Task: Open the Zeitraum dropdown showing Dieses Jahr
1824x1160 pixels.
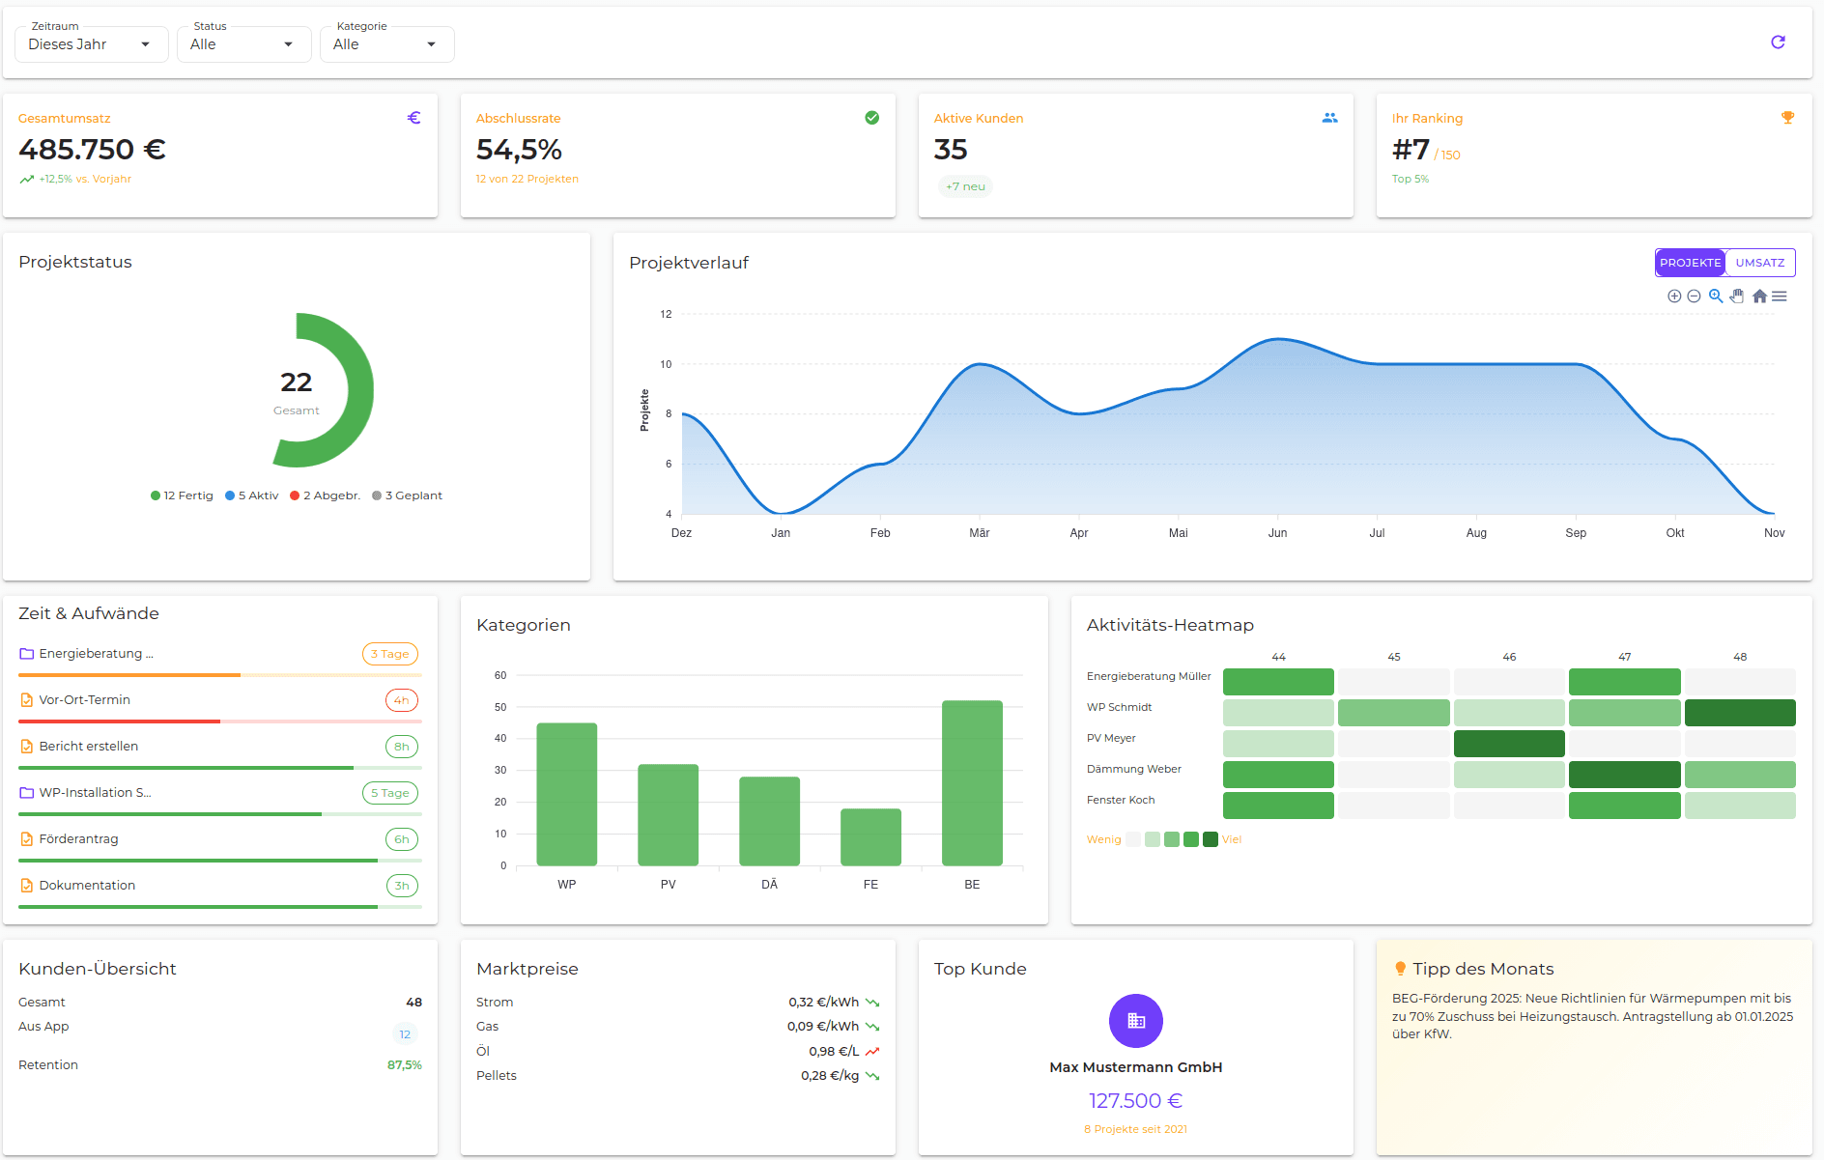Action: click(91, 44)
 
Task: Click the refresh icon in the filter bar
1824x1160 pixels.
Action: click(1778, 42)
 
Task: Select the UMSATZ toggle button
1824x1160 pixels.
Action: click(1759, 263)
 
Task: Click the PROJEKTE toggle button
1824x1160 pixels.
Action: click(1690, 263)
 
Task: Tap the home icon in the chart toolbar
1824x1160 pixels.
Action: click(1759, 297)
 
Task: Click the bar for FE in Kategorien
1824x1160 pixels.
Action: click(870, 837)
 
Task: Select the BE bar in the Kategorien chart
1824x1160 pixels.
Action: click(972, 783)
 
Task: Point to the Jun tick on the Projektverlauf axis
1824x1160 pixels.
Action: click(1277, 533)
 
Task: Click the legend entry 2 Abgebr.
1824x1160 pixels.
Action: click(326, 495)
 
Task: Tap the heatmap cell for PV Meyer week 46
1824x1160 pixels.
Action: click(1509, 744)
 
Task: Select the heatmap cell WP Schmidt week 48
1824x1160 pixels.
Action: click(1740, 713)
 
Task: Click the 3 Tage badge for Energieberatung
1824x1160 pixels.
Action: click(390, 654)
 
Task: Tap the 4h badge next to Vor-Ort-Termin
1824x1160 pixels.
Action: click(402, 700)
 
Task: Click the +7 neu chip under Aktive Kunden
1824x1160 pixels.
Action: click(965, 186)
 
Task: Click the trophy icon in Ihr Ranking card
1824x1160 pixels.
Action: click(1787, 118)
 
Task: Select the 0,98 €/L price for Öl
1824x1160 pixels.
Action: click(833, 1051)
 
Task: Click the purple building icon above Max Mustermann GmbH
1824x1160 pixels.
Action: click(1136, 1021)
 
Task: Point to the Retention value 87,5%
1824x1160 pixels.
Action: click(404, 1065)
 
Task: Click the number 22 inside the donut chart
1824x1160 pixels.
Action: click(296, 382)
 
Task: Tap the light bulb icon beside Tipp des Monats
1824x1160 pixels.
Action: click(1400, 969)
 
